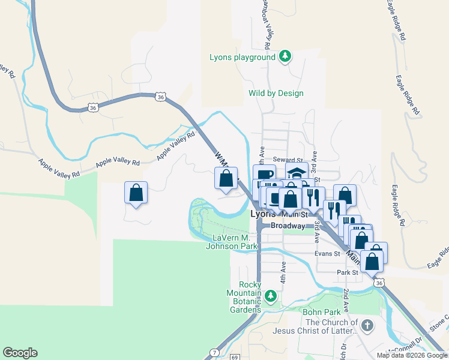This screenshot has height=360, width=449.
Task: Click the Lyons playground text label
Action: click(x=243, y=58)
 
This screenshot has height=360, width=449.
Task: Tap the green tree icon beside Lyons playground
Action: click(x=286, y=57)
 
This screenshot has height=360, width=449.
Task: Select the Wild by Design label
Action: click(x=276, y=93)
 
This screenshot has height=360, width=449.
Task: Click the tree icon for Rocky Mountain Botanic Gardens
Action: click(x=271, y=295)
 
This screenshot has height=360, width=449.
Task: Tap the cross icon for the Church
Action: click(x=367, y=326)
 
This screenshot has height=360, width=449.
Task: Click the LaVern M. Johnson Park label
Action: click(x=232, y=242)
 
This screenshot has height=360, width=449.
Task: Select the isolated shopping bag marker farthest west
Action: click(x=136, y=193)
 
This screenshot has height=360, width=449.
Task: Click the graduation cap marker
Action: click(x=296, y=173)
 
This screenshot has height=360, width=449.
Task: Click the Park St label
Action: click(x=347, y=272)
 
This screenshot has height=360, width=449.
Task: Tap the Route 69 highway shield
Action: click(x=234, y=357)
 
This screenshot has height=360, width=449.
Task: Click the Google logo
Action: click(x=20, y=353)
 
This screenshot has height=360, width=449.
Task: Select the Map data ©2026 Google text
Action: click(x=412, y=355)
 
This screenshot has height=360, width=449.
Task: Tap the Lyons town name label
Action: click(x=262, y=214)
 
